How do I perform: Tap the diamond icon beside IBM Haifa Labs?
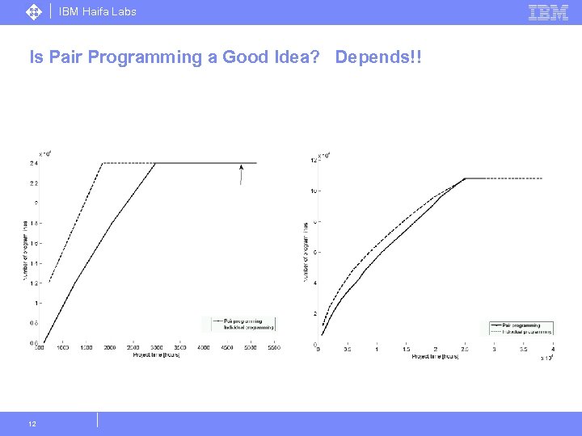point(34,12)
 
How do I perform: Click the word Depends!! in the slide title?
point(378,57)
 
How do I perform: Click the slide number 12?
point(32,423)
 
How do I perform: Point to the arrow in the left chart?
point(240,173)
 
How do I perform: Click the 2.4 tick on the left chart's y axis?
point(32,163)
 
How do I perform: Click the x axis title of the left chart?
point(155,355)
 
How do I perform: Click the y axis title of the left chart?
point(25,250)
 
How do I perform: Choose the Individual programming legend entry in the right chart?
point(526,331)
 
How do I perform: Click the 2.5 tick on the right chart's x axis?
point(464,349)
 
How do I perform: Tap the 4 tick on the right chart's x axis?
point(552,349)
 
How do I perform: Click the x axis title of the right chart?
point(435,356)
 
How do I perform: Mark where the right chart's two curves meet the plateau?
point(465,178)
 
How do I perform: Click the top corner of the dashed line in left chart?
point(103,163)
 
